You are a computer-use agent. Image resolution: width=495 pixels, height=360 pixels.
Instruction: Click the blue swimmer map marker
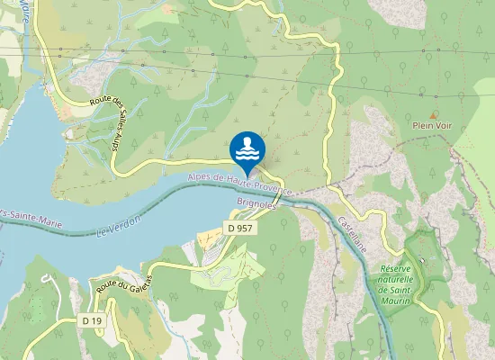pyautogui.click(x=247, y=148)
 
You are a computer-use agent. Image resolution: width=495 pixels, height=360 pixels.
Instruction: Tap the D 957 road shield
pyautogui.click(x=240, y=229)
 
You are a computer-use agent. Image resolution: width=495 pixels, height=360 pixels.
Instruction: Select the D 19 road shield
pyautogui.click(x=90, y=320)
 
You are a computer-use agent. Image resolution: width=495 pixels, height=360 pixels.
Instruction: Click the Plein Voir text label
pyautogui.click(x=432, y=126)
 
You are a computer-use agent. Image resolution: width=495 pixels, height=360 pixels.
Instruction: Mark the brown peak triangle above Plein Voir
pyautogui.click(x=434, y=114)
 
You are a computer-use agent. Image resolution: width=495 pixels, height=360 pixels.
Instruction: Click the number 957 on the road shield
pyautogui.click(x=245, y=229)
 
